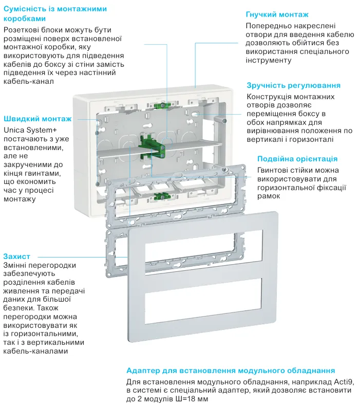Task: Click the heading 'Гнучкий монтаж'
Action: (277, 15)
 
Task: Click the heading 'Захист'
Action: (16, 255)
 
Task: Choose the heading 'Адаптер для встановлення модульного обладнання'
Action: (231, 370)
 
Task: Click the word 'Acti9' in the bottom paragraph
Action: (344, 382)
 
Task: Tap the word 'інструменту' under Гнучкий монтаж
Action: (268, 60)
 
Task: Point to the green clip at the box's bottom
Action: (163, 195)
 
